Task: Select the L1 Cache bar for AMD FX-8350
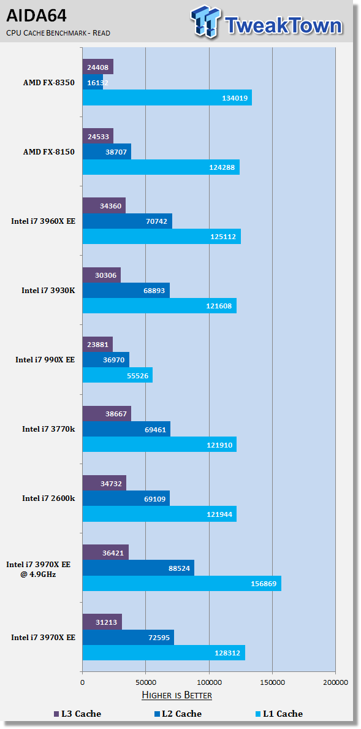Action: pos(167,97)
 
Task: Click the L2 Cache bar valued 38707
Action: pos(107,151)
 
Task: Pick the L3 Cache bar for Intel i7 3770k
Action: pos(107,413)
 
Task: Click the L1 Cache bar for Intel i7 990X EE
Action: pos(118,375)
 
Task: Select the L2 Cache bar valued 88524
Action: pos(139,568)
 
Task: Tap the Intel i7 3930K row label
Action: pos(48,291)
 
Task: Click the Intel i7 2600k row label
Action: pos(48,498)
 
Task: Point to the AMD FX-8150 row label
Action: pos(49,152)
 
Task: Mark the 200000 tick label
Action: pos(335,682)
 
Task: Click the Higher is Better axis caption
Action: pos(177,695)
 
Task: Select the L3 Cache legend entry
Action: pos(77,714)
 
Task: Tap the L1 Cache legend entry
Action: pos(279,714)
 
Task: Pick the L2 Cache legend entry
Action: pos(178,714)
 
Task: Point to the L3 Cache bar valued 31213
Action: pos(102,622)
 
